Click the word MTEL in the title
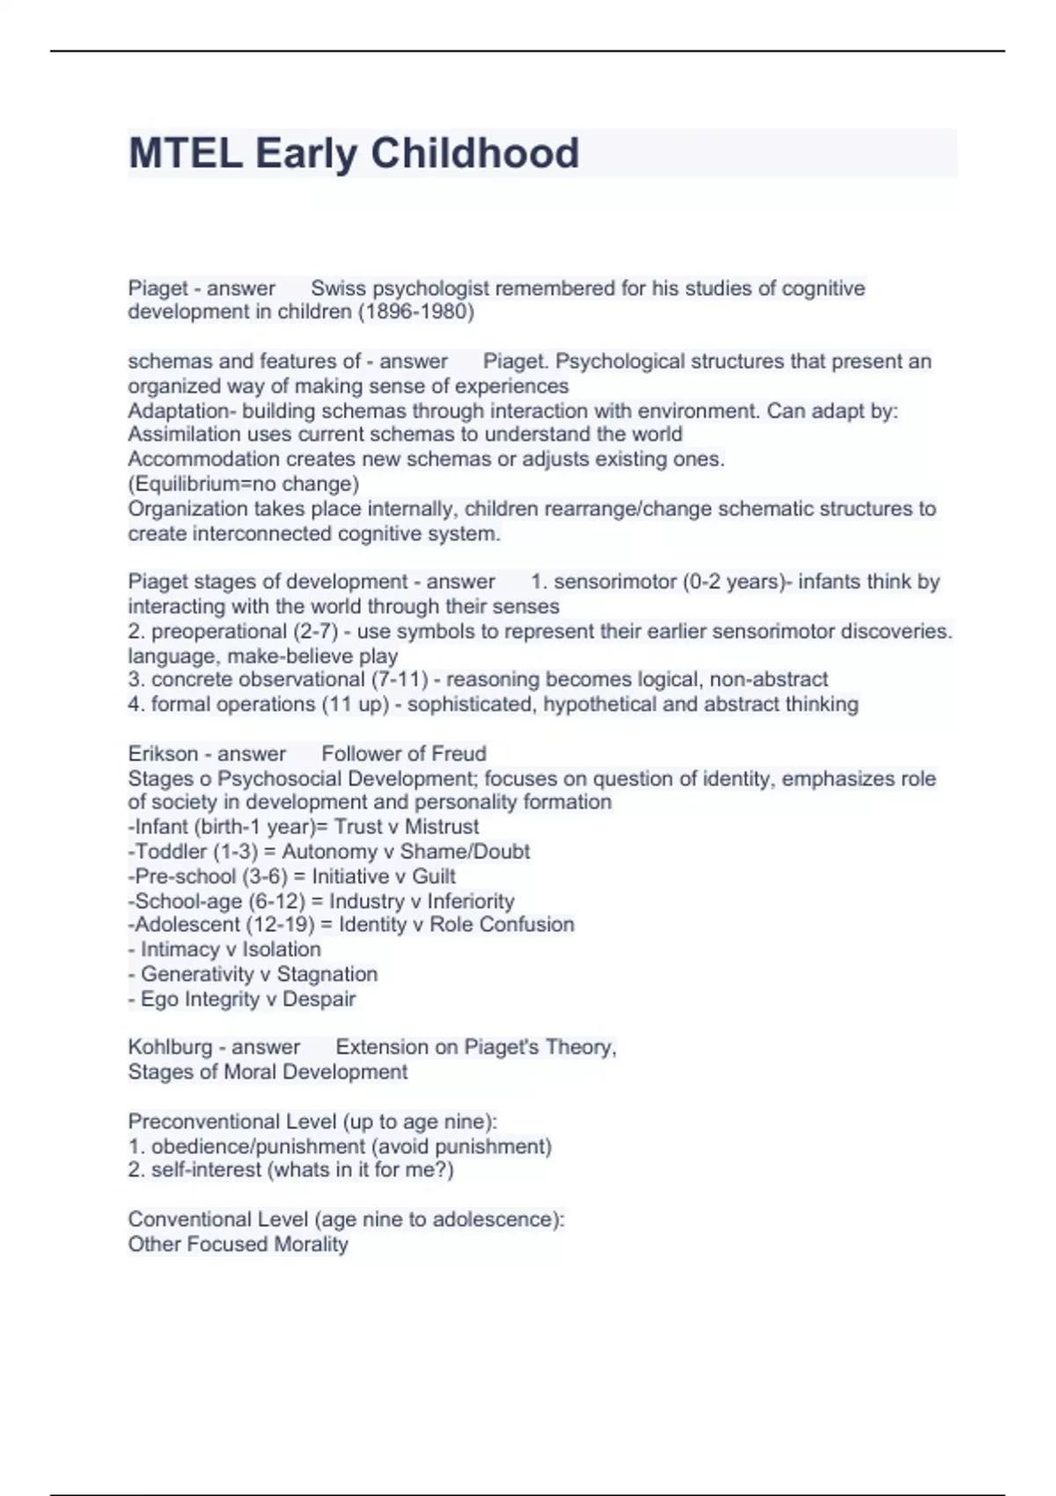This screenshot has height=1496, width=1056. (186, 153)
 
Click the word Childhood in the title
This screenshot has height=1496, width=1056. (474, 153)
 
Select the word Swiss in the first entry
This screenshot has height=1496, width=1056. (339, 289)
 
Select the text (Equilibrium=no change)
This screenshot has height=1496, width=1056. (244, 484)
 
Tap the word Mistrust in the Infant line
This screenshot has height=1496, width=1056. (442, 827)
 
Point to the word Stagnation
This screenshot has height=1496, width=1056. (327, 974)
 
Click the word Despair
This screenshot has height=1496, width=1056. (319, 999)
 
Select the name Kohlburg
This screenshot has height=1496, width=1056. (166, 1047)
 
